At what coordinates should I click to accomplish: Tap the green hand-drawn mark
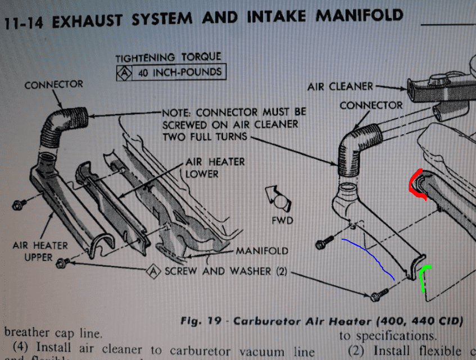pos(423,279)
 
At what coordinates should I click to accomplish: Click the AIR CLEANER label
pos(339,87)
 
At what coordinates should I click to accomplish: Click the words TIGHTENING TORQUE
pos(168,58)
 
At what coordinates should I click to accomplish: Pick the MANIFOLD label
pos(262,251)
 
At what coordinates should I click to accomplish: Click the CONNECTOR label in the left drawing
pos(53,85)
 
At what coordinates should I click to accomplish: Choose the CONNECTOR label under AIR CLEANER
pos(370,105)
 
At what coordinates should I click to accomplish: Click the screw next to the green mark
pos(378,295)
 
